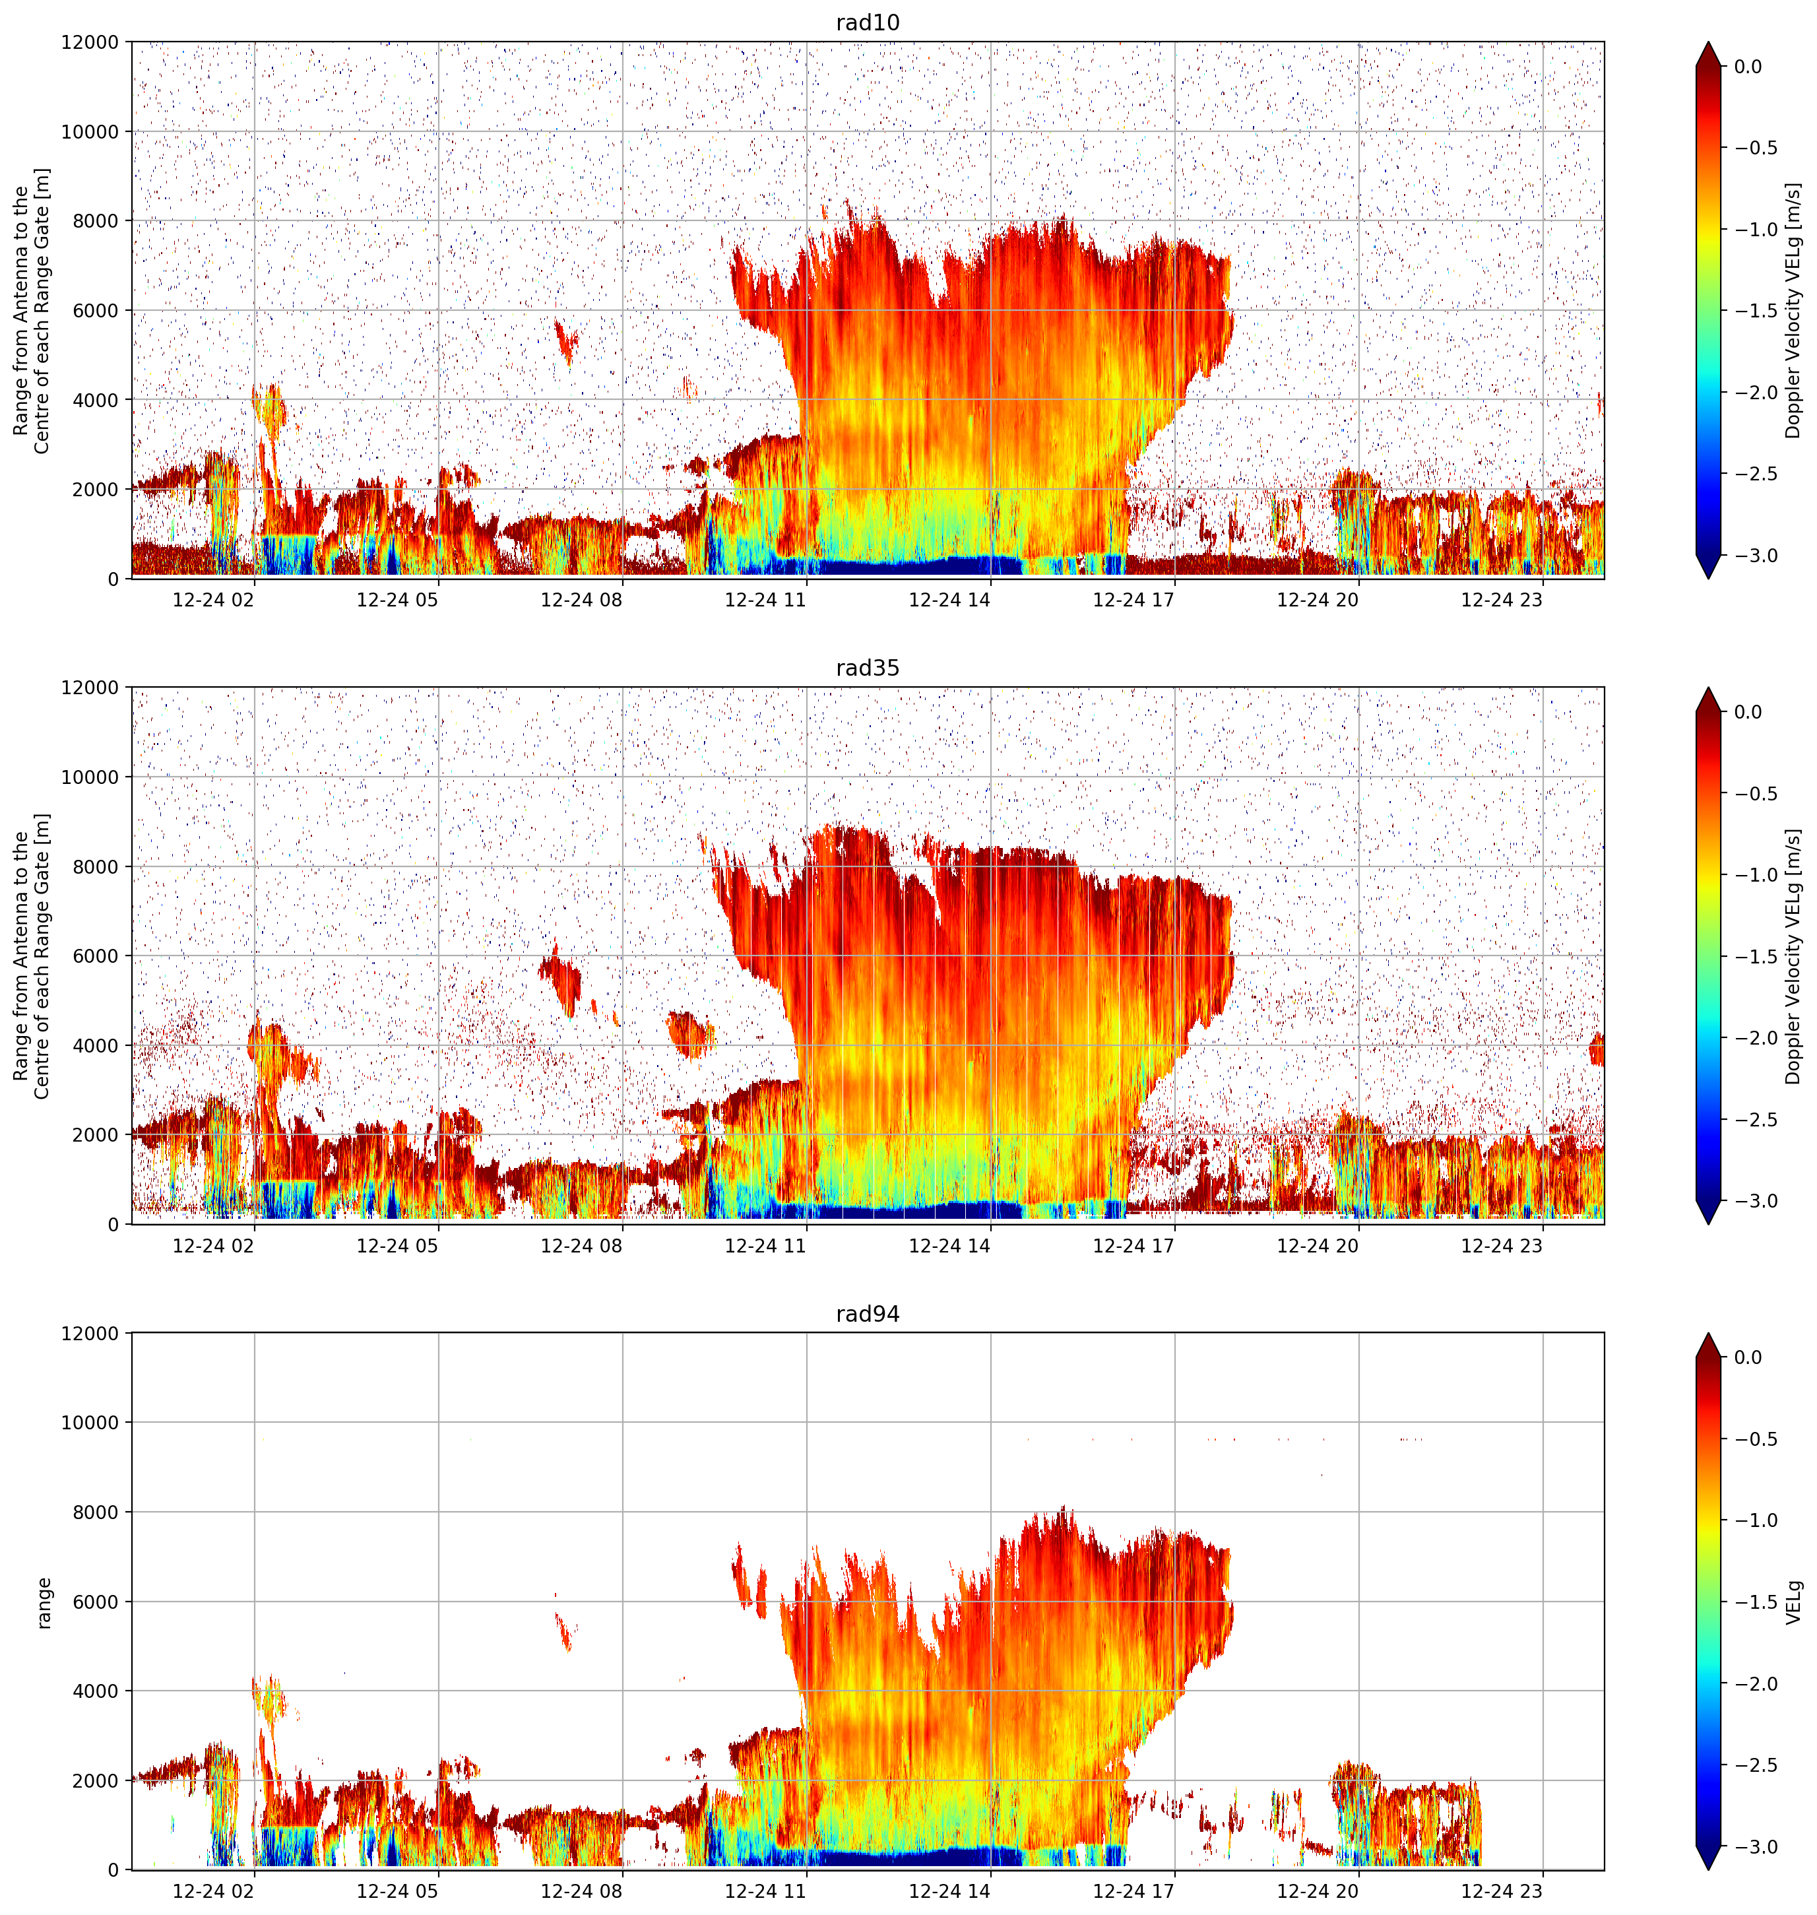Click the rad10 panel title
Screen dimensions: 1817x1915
click(868, 22)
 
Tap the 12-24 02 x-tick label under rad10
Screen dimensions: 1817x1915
click(213, 600)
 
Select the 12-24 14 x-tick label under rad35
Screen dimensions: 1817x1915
click(949, 1246)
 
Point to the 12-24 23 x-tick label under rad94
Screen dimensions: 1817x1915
click(1501, 1891)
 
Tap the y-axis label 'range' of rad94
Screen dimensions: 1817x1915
click(44, 1603)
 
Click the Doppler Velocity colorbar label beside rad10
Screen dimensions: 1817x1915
click(1794, 310)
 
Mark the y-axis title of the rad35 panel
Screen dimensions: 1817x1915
click(32, 956)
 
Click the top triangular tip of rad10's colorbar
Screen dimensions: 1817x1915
click(1709, 42)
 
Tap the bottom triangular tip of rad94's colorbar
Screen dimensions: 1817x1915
click(1709, 1869)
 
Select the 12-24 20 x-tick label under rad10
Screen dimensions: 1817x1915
click(1318, 600)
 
